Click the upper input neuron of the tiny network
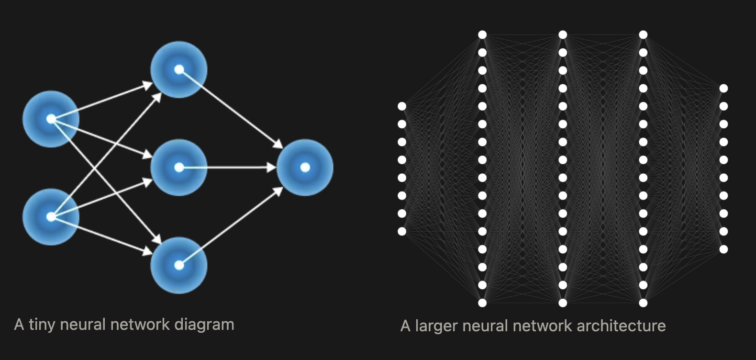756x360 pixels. (51, 119)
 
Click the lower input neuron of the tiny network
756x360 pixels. (51, 217)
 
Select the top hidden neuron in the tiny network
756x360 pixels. (179, 69)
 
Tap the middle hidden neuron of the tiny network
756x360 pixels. (179, 168)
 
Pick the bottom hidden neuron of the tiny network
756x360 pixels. (179, 265)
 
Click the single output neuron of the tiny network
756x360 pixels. (305, 167)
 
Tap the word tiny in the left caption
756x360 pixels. (42, 325)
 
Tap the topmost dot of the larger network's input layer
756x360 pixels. (402, 106)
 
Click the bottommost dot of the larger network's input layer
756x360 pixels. (402, 231)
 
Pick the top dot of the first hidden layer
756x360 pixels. (482, 35)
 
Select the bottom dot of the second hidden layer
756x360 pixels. (563, 303)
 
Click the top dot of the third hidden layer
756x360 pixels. (643, 35)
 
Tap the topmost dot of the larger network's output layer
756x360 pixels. (723, 89)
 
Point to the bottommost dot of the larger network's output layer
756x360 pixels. (723, 249)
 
